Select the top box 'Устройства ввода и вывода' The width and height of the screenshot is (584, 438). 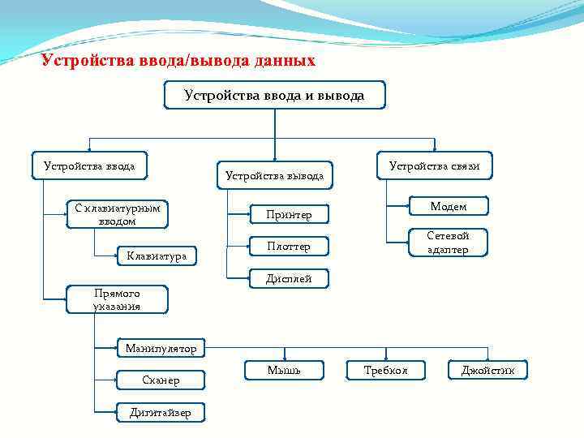tap(274, 96)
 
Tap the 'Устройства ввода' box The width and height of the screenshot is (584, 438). tap(89, 166)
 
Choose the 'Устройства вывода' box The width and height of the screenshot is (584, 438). tap(274, 175)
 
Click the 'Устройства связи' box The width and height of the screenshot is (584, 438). tap(434, 166)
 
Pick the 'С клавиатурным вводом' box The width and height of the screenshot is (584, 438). tap(117, 214)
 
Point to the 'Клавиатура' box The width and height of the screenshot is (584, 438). tap(156, 256)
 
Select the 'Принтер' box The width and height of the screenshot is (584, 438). tap(288, 215)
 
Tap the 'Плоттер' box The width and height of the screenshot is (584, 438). tap(288, 246)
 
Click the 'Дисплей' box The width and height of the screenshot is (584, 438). tap(288, 279)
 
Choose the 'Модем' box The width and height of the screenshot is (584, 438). tap(448, 207)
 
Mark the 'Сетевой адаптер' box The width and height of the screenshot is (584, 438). tap(448, 242)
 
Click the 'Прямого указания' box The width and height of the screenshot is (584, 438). tap(117, 299)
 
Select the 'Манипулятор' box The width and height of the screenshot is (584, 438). tap(161, 349)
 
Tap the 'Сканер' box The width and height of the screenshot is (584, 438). tap(161, 380)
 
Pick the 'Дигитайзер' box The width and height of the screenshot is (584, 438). tap(161, 412)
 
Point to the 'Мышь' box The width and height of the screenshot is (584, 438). tap(283, 371)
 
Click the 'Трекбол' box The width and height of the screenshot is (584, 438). tap(385, 371)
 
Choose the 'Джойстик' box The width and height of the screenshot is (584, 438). tap(487, 371)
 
